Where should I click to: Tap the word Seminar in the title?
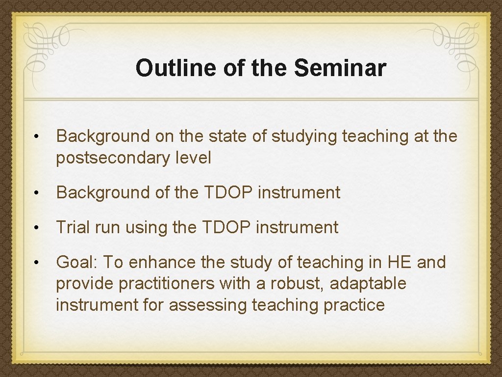click(340, 68)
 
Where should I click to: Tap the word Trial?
click(73, 227)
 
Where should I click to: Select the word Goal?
click(77, 263)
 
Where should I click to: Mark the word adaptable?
click(368, 284)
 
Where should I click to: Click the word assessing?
click(208, 305)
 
